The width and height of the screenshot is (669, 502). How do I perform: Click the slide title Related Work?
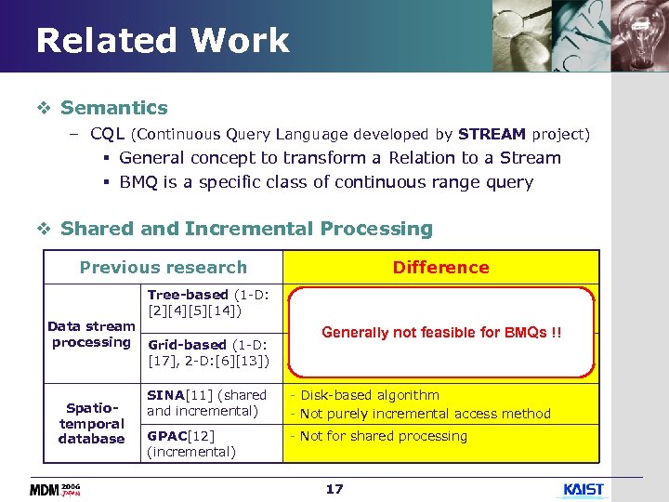click(x=163, y=41)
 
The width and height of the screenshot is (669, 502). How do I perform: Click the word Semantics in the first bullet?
click(x=113, y=108)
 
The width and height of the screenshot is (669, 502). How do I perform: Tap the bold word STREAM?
click(x=492, y=134)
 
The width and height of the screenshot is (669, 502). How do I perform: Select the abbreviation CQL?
click(x=108, y=134)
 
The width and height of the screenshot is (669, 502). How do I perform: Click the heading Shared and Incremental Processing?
click(x=246, y=229)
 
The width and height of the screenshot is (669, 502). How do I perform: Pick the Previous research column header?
click(x=164, y=268)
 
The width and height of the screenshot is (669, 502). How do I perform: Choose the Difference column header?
click(x=440, y=268)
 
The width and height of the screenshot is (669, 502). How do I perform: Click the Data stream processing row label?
click(x=91, y=335)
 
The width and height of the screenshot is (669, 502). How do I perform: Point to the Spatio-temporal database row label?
click(x=91, y=423)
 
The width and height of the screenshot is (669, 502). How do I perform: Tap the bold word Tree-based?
click(x=188, y=295)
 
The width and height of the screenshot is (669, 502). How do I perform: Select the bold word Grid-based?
click(x=187, y=344)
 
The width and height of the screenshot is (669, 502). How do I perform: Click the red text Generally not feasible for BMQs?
click(x=441, y=333)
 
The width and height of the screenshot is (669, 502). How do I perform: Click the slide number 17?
click(x=334, y=489)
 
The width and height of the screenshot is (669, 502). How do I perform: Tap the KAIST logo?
click(x=584, y=489)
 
